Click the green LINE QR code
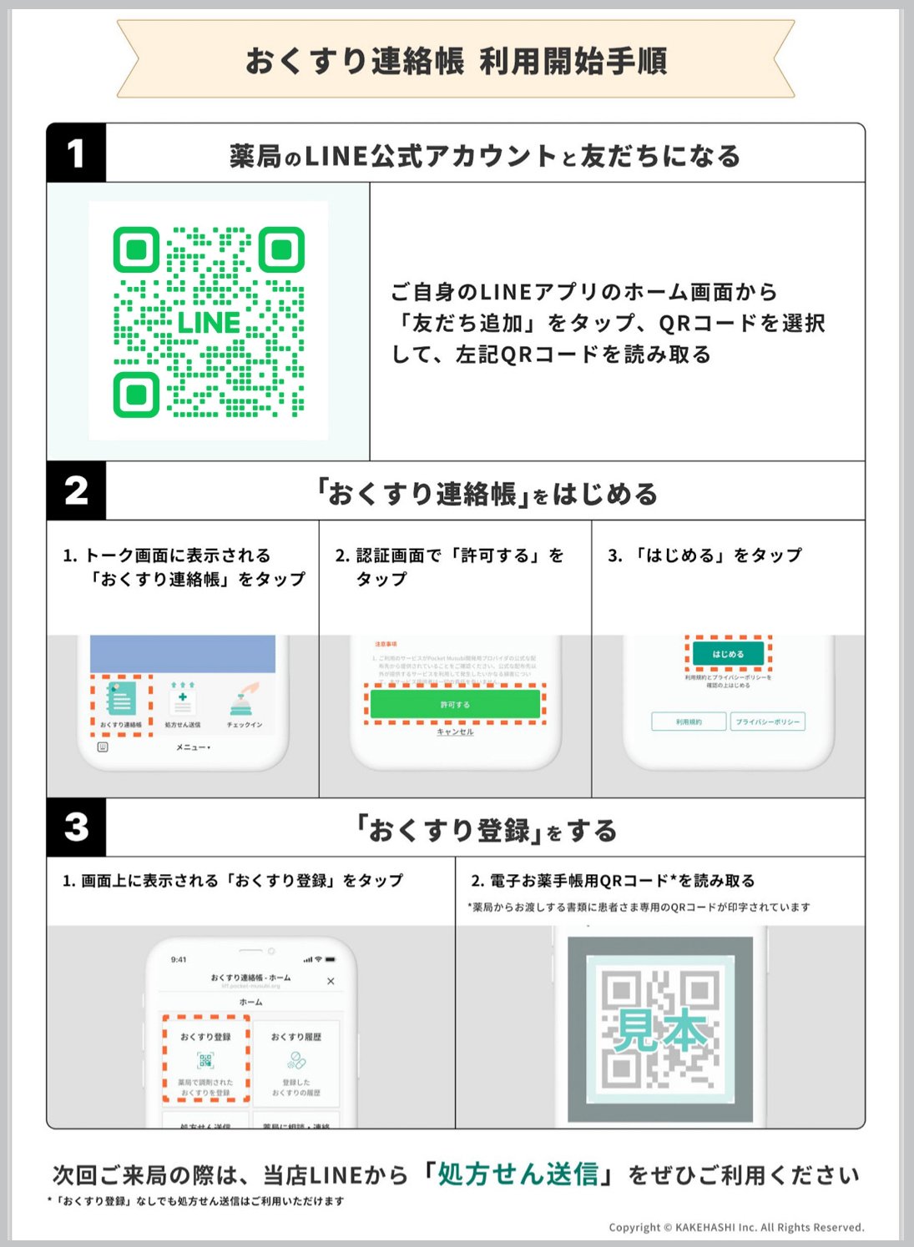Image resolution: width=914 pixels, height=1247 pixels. click(x=209, y=322)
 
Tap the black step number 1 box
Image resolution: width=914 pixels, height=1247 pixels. click(x=76, y=153)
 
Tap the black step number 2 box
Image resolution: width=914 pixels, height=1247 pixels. click(x=76, y=490)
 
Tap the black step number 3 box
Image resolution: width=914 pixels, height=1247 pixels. click(x=76, y=827)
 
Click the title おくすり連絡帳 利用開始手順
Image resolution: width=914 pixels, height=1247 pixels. click(x=456, y=61)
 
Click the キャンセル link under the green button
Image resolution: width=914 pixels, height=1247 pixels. click(x=455, y=732)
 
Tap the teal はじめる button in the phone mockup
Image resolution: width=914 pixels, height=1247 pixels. click(x=728, y=654)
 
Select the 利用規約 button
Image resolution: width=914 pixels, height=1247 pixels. click(x=689, y=722)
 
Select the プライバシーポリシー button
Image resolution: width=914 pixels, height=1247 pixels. click(x=767, y=722)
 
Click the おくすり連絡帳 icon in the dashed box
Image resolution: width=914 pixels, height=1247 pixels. click(x=121, y=703)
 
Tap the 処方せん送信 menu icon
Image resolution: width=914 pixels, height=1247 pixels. click(x=182, y=703)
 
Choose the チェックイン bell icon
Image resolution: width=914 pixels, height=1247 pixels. click(x=245, y=703)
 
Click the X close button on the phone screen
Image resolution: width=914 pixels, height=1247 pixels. click(x=331, y=981)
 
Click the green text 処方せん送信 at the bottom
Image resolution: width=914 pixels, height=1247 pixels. click(x=518, y=1174)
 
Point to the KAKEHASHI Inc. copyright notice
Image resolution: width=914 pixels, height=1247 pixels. click(x=736, y=1227)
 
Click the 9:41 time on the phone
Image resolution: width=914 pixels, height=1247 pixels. click(x=179, y=959)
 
